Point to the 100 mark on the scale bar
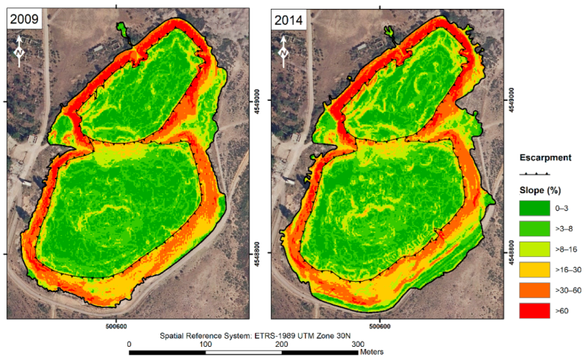(x=206, y=345)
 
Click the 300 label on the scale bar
(x=358, y=345)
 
